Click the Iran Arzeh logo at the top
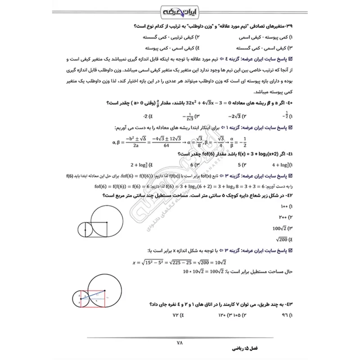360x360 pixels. click(x=180, y=11)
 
